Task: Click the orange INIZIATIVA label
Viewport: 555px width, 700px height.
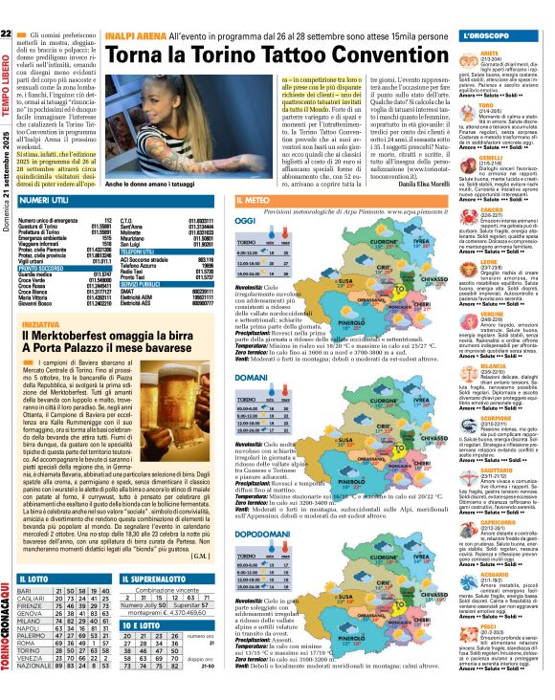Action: pos(39,324)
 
